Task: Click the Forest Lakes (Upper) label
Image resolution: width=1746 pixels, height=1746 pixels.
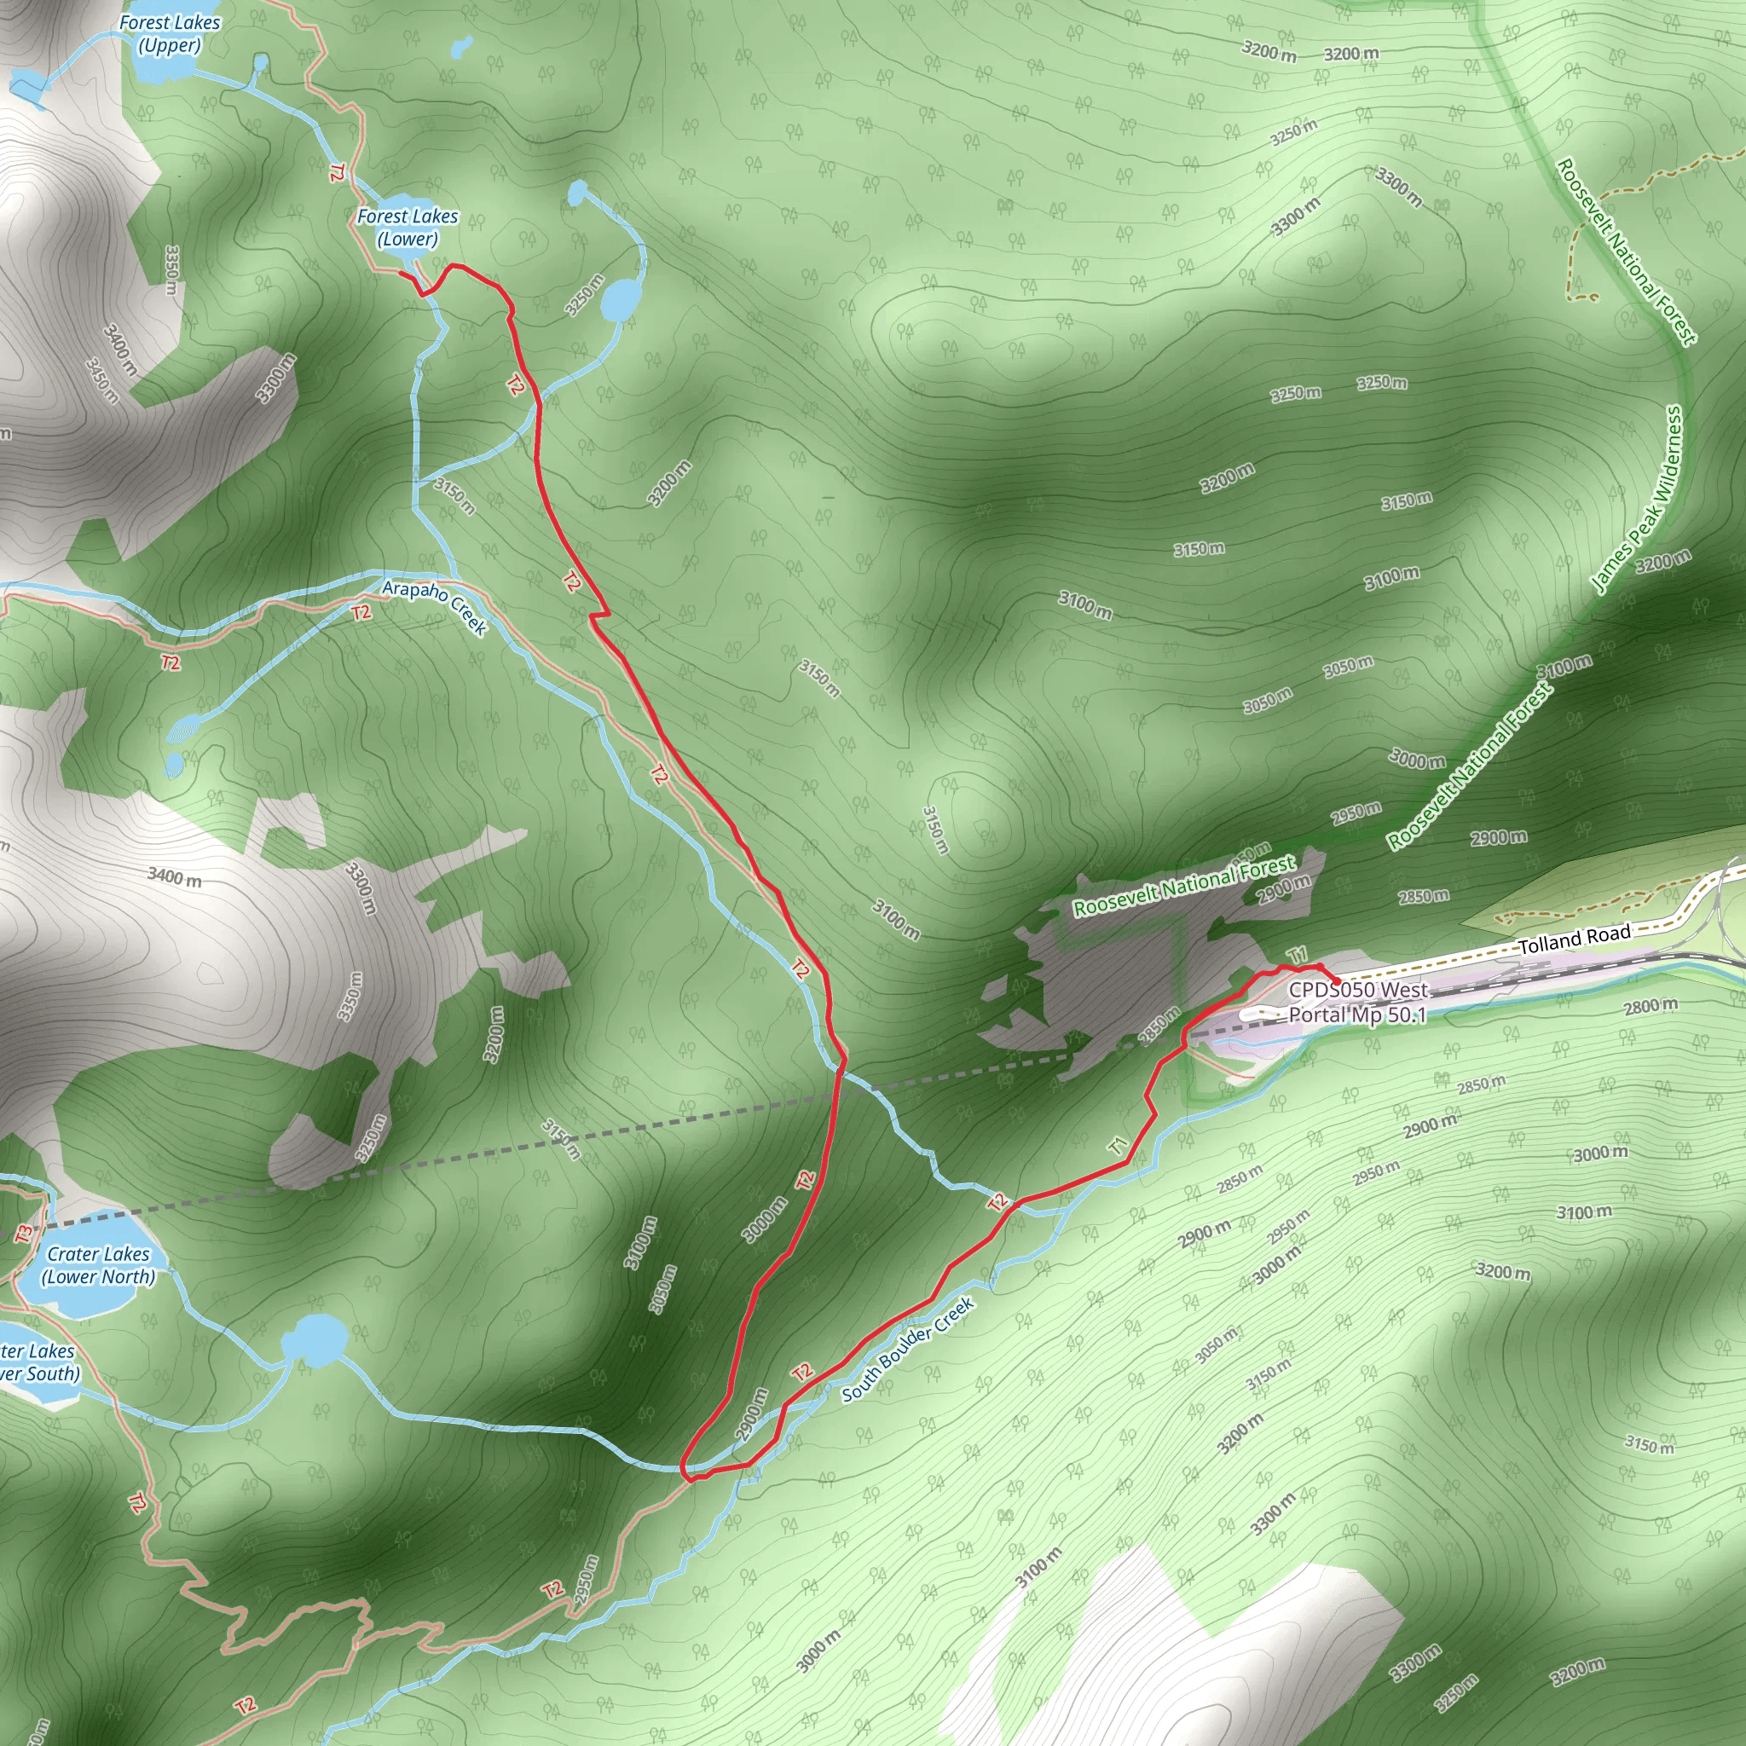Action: [x=170, y=34]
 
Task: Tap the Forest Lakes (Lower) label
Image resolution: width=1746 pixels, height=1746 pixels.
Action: [x=408, y=228]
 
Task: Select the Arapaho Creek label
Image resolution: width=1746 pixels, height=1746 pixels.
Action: [x=435, y=606]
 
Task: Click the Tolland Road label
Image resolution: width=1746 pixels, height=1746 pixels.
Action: [x=1575, y=939]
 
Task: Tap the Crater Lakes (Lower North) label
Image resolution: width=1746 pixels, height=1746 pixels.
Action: [x=97, y=1265]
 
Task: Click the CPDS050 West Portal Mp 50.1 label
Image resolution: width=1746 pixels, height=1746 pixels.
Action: [x=1357, y=1003]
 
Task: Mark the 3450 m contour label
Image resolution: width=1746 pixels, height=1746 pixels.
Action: [x=102, y=380]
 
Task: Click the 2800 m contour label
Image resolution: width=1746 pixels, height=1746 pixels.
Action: [x=1651, y=1006]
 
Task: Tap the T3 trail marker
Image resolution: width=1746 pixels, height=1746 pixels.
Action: [x=25, y=1232]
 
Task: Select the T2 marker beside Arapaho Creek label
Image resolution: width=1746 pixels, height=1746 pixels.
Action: [x=361, y=613]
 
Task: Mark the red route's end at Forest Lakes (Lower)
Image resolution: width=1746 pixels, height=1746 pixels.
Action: [x=401, y=273]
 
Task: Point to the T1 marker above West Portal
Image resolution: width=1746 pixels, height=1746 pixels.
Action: [x=1297, y=955]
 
